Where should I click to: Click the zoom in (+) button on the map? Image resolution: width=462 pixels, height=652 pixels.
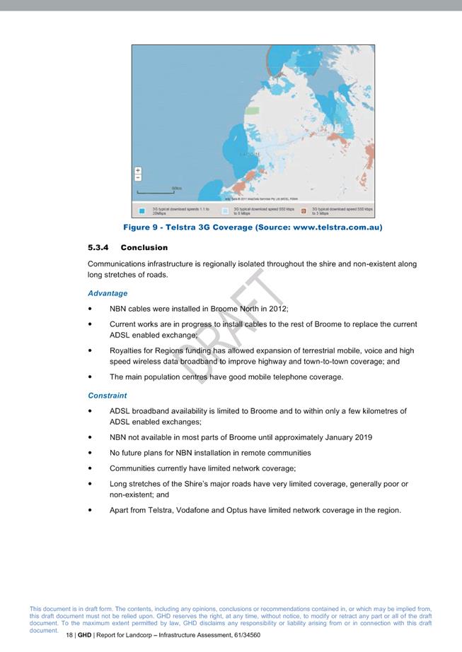[138, 170]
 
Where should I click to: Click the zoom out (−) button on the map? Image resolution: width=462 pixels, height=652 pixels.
[138, 177]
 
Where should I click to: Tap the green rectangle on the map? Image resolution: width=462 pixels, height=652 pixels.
[253, 111]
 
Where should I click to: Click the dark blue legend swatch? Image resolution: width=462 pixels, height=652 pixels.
[143, 211]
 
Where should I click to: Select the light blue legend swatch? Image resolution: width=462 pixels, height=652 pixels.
[226, 211]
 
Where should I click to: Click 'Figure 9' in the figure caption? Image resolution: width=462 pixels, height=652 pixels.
[142, 227]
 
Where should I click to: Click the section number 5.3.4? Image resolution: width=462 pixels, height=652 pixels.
[99, 248]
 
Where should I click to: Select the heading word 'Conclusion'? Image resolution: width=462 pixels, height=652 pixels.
[144, 248]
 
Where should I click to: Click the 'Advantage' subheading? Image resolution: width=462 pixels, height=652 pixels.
[108, 293]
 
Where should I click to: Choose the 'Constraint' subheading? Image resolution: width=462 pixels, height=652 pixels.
[108, 396]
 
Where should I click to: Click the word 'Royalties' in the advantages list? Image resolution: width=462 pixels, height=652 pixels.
[127, 350]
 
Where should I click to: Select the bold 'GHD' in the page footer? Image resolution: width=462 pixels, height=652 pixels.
[85, 636]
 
